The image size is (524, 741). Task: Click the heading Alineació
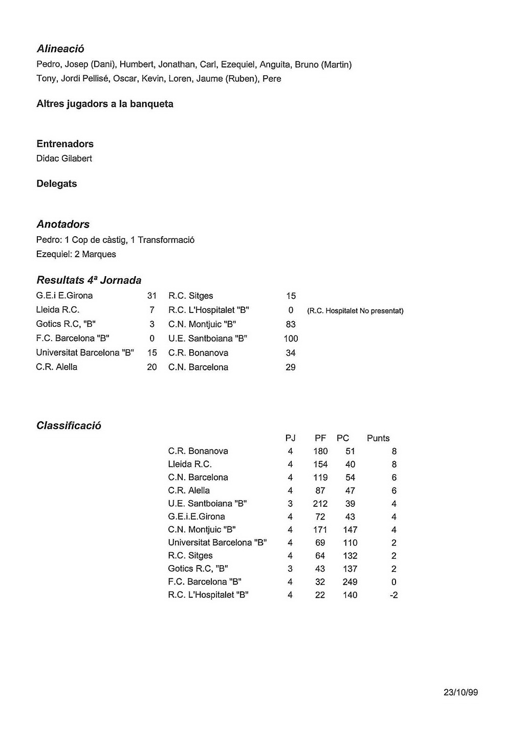click(60, 49)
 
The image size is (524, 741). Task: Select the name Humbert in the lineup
click(137, 64)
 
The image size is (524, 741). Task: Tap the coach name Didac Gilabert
click(64, 159)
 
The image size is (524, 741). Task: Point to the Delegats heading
click(56, 184)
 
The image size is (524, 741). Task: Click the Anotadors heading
click(63, 224)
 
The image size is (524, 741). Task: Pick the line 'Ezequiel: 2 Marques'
click(76, 254)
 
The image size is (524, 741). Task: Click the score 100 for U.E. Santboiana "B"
click(291, 339)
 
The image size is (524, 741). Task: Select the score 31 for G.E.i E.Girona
click(152, 296)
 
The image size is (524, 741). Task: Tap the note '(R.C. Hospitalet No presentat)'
click(355, 310)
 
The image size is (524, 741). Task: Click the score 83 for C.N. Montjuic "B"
click(291, 324)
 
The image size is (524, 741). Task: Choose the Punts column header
click(378, 438)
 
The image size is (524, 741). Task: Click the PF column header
click(320, 438)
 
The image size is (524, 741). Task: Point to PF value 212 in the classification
click(320, 504)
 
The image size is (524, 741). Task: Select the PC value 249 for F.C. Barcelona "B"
click(350, 582)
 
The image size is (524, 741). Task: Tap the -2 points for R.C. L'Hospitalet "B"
click(394, 595)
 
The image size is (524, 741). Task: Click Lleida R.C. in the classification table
click(190, 464)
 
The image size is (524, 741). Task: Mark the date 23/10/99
click(461, 692)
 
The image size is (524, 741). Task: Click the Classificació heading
click(69, 425)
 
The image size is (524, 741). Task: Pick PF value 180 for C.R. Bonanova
click(320, 451)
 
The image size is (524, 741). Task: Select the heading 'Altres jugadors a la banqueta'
click(105, 104)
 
